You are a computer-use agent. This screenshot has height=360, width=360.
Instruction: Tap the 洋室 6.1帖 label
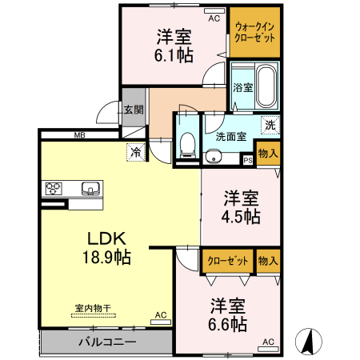[x=174, y=45]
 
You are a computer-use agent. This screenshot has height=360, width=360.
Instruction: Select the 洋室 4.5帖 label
[x=240, y=206]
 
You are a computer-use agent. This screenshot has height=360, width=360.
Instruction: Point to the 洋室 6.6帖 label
[x=228, y=314]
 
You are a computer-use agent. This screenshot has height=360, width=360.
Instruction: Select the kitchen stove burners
[x=54, y=190]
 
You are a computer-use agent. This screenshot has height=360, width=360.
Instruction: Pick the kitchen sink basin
[x=90, y=190]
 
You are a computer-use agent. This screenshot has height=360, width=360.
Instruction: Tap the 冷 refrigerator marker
[x=135, y=150]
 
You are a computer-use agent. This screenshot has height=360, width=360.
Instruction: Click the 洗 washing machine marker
[x=270, y=125]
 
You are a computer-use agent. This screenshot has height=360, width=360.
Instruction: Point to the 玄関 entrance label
[x=134, y=110]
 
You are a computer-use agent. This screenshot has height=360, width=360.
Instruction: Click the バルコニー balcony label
[x=106, y=342]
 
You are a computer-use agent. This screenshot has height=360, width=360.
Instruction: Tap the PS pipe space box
[x=247, y=160]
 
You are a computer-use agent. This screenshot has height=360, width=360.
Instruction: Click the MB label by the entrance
[x=80, y=134]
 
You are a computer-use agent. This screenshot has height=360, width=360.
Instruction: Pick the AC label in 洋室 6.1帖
[x=214, y=18]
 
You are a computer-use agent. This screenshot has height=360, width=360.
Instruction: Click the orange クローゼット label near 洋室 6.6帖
[x=226, y=261]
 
